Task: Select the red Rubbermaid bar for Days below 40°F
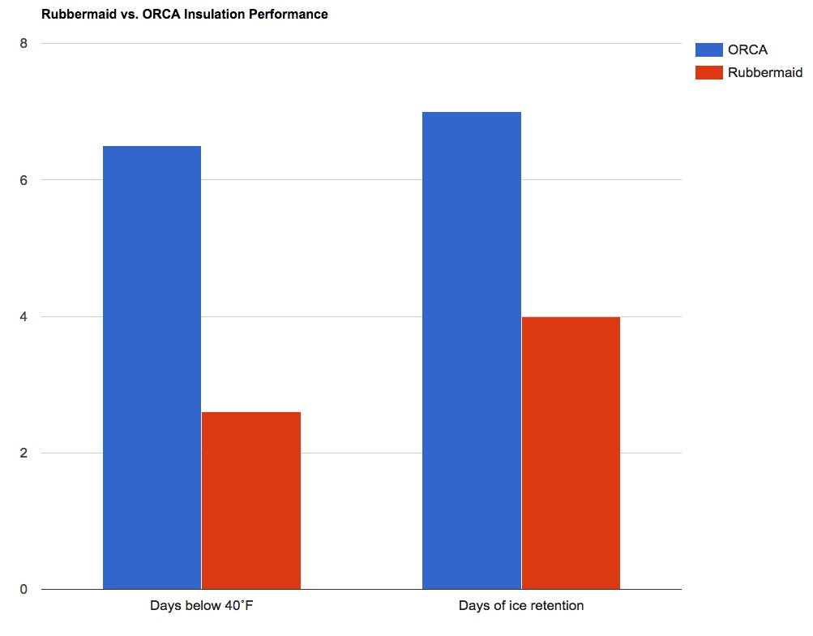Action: click(251, 500)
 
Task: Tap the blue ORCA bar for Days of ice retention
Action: click(472, 350)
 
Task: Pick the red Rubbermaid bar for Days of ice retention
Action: click(571, 452)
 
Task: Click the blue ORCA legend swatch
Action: click(708, 49)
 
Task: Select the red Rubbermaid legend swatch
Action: click(708, 73)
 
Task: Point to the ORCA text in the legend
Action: click(747, 49)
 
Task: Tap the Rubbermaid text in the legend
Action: click(764, 73)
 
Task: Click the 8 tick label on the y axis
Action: click(24, 43)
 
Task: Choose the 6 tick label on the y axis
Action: click(24, 180)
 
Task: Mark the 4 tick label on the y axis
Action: click(24, 316)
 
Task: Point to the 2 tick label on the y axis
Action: click(24, 453)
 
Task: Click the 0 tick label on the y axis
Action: click(24, 590)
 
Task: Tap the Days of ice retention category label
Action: click(521, 606)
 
